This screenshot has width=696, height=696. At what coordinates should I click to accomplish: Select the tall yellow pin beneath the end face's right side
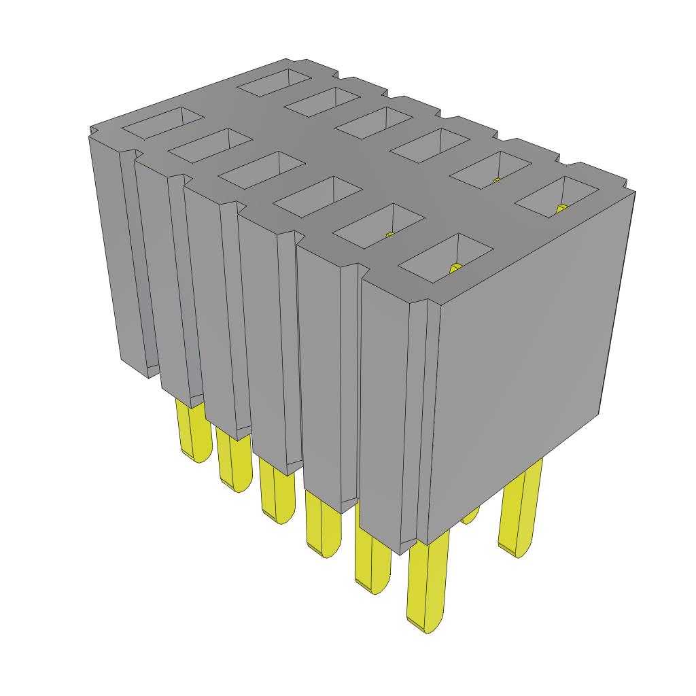tap(520, 510)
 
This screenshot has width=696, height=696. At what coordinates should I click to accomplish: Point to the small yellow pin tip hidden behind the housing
tap(470, 517)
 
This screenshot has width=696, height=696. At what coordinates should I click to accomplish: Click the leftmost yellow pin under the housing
tap(192, 432)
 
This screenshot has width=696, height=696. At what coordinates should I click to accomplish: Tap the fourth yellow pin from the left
tap(322, 523)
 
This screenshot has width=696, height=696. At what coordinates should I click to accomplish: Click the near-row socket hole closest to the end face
tap(445, 258)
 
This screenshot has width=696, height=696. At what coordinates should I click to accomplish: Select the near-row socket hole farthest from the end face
tap(162, 123)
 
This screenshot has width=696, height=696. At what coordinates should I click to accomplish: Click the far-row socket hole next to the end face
tap(553, 197)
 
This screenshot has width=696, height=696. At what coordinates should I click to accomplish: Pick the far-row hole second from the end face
tap(489, 167)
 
